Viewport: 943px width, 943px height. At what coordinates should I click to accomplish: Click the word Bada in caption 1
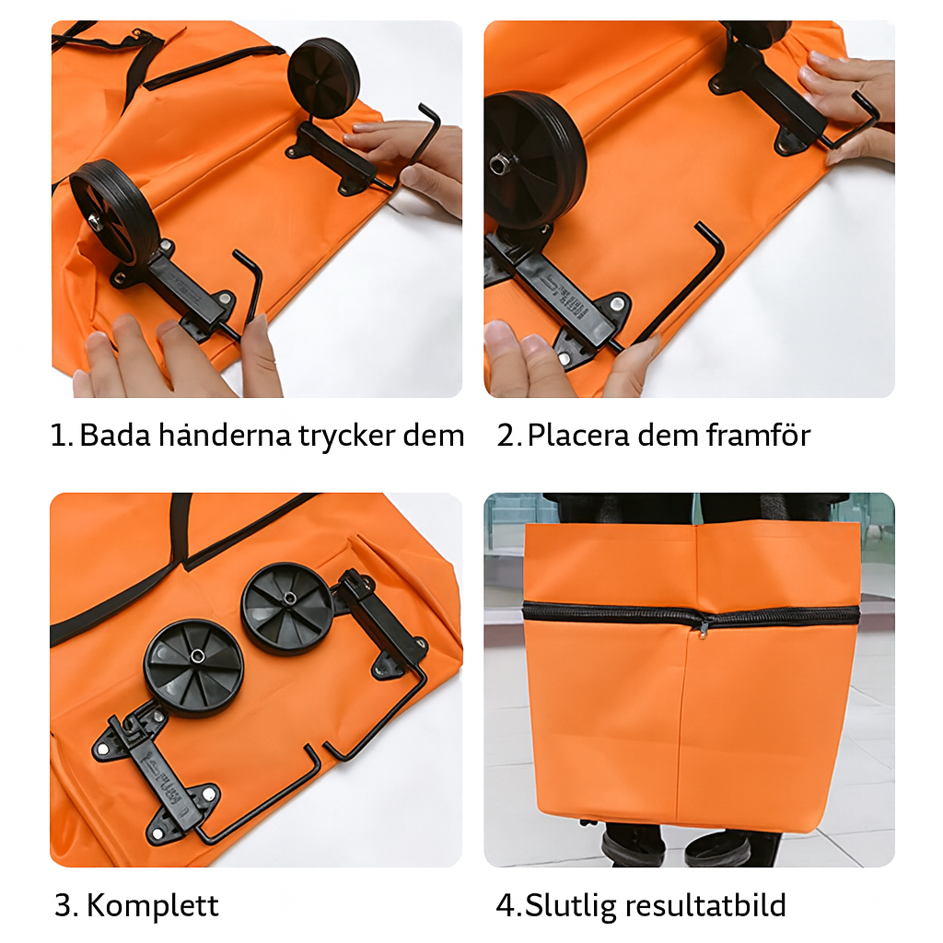pyautogui.click(x=115, y=435)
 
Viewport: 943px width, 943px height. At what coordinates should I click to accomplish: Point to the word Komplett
pyautogui.click(x=153, y=906)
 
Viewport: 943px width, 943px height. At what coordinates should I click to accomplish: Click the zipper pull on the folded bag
pyautogui.click(x=703, y=628)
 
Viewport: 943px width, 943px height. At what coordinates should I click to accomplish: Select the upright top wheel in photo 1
pyautogui.click(x=323, y=78)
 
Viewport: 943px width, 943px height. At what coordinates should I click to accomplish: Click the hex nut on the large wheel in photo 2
pyautogui.click(x=496, y=164)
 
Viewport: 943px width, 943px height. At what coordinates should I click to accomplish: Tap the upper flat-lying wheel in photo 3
pyautogui.click(x=286, y=609)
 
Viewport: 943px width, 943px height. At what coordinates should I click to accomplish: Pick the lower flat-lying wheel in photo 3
pyautogui.click(x=193, y=667)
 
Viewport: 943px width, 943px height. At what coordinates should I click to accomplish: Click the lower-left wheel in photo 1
pyautogui.click(x=112, y=217)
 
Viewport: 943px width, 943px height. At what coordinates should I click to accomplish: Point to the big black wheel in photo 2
pyautogui.click(x=534, y=160)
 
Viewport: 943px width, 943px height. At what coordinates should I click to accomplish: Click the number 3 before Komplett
pyautogui.click(x=65, y=906)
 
